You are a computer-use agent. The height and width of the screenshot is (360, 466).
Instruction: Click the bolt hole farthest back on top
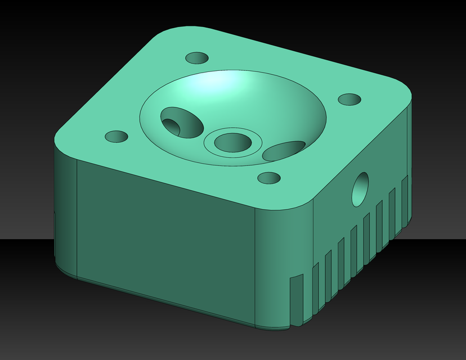197,58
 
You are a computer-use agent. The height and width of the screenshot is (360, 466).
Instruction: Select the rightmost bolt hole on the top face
350,100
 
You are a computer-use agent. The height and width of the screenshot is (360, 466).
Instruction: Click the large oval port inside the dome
182,123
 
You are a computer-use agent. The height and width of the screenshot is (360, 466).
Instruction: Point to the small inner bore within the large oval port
172,126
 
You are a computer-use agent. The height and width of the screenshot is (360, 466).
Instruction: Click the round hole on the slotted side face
360,188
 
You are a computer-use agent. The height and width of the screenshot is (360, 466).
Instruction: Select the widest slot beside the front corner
295,301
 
